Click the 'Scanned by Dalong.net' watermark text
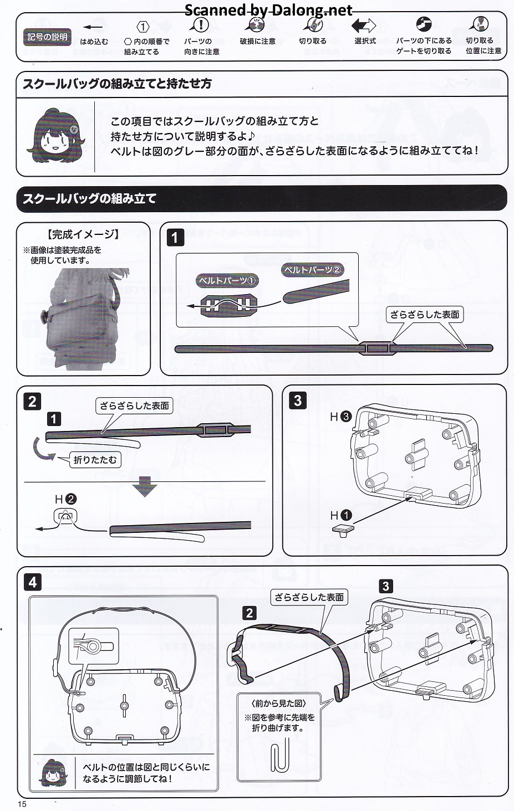coord(268,10)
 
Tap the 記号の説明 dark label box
coord(47,37)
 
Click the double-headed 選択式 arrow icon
coord(364,25)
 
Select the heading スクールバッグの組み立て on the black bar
coord(89,198)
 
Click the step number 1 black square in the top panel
coord(175,238)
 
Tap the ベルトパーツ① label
coord(227,281)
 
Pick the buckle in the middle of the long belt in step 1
coord(375,348)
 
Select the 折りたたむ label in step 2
coord(95,460)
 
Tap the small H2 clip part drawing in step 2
coord(65,516)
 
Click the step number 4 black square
coord(33,582)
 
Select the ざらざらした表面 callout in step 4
coord(309,597)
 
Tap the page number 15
coord(22,804)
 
